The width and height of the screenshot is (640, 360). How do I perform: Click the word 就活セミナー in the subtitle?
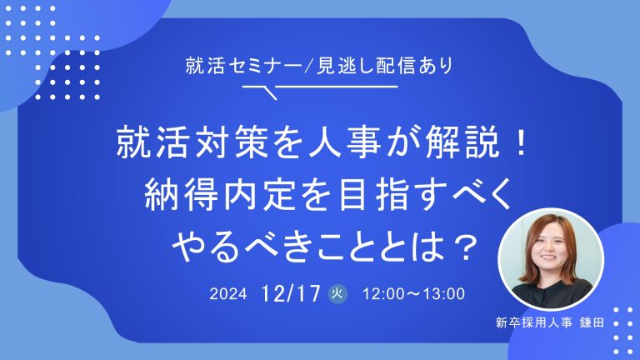243,66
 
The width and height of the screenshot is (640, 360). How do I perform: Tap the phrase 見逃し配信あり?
384,66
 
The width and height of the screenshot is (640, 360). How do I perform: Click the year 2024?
228,294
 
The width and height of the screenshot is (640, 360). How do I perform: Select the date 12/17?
291,293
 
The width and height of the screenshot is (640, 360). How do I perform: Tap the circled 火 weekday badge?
338,293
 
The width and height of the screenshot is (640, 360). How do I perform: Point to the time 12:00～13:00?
414,294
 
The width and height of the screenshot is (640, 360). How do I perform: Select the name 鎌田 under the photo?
592,322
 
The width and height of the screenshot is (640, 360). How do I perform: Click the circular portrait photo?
550,260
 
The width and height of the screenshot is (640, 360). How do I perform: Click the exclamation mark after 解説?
521,142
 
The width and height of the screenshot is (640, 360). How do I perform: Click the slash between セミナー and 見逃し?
309,66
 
